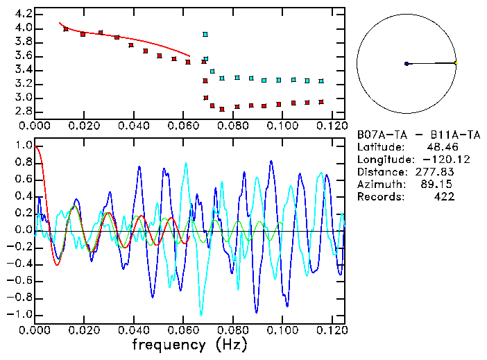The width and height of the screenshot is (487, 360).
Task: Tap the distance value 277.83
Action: click(x=435, y=172)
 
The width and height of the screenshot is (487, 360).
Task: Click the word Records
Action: click(x=379, y=197)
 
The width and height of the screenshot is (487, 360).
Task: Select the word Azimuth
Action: click(x=379, y=185)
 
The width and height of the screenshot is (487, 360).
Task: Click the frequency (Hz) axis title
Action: click(x=189, y=343)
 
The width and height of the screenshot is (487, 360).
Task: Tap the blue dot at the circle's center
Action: click(x=407, y=64)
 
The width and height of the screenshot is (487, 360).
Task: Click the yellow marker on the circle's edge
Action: click(x=456, y=63)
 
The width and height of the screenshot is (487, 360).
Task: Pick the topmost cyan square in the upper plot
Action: click(x=205, y=34)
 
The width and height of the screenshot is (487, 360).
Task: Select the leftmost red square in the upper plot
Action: click(x=66, y=29)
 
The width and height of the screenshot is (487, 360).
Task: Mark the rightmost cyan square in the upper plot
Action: click(x=321, y=81)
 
